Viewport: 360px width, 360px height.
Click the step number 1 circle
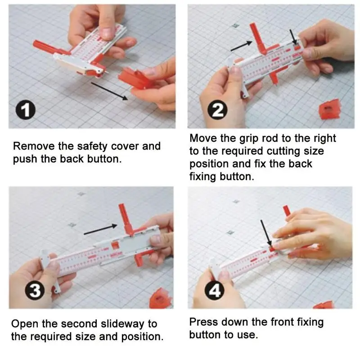tap(26, 110)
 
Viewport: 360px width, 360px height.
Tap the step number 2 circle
tap(217, 110)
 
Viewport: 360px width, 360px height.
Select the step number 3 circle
tap(35, 290)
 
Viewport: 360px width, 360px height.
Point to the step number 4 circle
tap(215, 290)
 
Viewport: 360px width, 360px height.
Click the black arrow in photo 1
tap(109, 91)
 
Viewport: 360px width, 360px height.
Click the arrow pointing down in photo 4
tap(266, 233)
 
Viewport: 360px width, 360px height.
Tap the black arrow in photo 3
tap(100, 229)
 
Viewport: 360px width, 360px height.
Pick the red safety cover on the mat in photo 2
tap(330, 109)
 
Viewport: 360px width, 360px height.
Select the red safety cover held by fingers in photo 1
tap(135, 78)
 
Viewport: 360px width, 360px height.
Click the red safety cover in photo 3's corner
tap(160, 298)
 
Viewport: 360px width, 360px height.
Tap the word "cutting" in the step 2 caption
tap(283, 151)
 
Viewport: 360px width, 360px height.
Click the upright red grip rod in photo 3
tap(126, 219)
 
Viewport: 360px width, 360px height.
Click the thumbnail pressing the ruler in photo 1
tap(107, 34)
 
